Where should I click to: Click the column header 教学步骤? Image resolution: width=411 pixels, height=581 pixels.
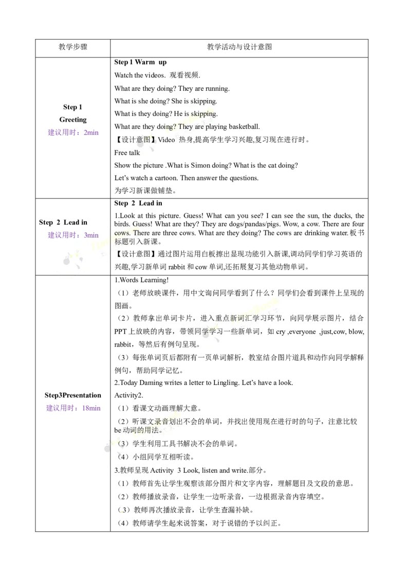coord(73,47)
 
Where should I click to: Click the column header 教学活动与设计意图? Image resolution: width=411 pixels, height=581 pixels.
coord(239,47)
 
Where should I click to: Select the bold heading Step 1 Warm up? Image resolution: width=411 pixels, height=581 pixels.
coord(140,62)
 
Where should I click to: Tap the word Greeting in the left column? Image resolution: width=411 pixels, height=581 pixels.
coord(73,120)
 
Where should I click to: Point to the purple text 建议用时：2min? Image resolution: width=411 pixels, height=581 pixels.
coord(73,132)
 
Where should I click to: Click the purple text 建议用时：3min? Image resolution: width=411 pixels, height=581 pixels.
coord(73,235)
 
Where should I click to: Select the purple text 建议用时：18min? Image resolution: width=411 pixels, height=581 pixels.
coord(73,409)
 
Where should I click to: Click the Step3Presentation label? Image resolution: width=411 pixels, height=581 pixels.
coord(73,395)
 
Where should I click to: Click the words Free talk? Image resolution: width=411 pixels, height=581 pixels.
coord(127,152)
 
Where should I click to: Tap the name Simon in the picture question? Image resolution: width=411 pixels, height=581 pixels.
coord(200,165)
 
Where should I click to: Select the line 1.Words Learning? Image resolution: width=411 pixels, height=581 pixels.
coord(141,280)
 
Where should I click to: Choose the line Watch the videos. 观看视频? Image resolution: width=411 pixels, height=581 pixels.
coord(157,75)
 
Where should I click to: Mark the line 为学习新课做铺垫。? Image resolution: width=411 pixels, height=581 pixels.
coord(145,191)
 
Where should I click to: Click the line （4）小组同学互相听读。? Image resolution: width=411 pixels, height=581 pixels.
coord(156,457)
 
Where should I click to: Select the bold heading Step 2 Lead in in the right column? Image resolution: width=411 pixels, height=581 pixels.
coord(138,203)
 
